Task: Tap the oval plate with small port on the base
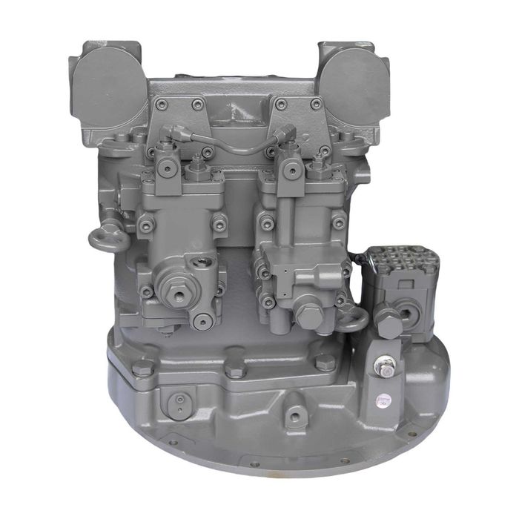click(178, 404)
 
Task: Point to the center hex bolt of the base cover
click(237, 369)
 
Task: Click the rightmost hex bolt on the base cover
click(324, 362)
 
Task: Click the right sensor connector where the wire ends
click(285, 135)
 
